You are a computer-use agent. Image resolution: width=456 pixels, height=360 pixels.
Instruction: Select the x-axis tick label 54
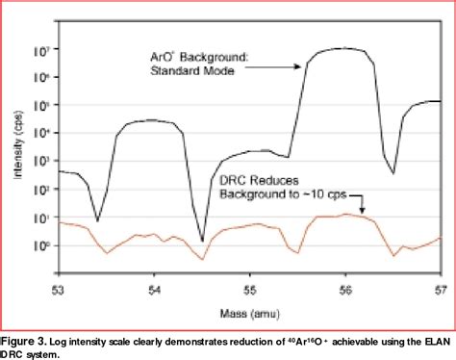click(155, 289)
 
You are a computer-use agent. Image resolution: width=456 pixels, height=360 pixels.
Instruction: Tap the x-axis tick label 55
click(250, 289)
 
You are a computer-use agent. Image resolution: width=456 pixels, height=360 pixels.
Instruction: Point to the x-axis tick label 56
click(345, 289)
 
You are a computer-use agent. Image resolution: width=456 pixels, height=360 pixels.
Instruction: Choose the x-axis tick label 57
click(440, 289)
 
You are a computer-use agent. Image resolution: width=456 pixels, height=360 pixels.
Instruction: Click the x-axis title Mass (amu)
click(248, 311)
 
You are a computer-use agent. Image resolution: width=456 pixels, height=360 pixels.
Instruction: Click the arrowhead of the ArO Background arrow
click(302, 66)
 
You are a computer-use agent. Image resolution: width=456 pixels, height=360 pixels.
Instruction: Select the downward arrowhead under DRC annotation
click(362, 210)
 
